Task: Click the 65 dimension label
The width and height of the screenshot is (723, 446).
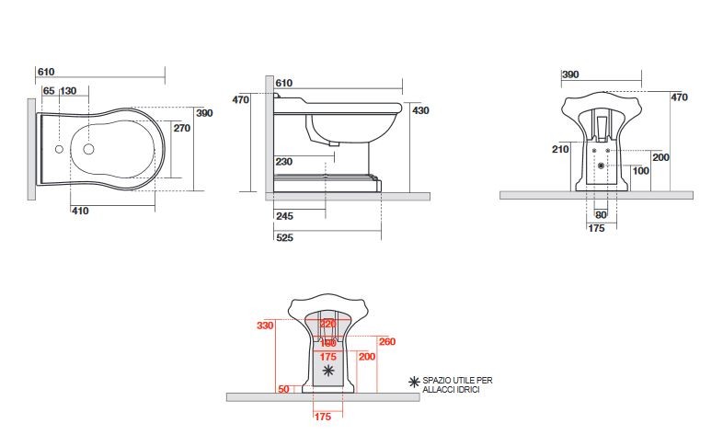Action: tap(49, 90)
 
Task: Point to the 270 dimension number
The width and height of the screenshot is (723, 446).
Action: tap(182, 129)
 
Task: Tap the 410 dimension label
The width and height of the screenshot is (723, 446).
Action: tap(80, 212)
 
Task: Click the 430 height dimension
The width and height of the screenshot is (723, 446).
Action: tap(420, 110)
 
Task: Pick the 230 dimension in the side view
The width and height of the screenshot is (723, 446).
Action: tap(283, 162)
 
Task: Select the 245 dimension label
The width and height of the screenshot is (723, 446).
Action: tap(283, 217)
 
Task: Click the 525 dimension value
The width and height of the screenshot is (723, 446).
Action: tap(283, 238)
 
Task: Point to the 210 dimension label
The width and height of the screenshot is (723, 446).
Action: tap(559, 148)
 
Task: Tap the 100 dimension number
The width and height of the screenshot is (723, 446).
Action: tap(640, 171)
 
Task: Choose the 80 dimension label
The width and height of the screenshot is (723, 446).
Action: tap(600, 216)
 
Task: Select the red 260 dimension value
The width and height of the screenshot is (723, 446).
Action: tap(386, 342)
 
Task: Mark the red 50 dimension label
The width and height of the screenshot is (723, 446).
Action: tap(283, 390)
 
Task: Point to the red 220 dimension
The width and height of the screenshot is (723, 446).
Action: tap(327, 324)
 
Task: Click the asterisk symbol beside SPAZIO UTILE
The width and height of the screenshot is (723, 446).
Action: tap(414, 381)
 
